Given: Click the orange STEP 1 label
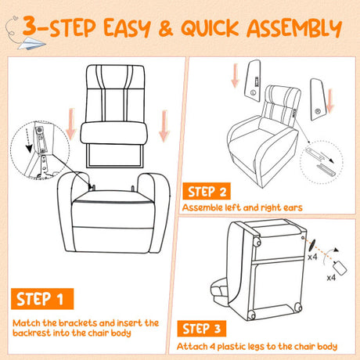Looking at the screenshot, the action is click(x=42, y=299).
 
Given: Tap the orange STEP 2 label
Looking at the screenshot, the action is click(x=207, y=191).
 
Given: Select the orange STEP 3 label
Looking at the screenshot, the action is click(x=202, y=329).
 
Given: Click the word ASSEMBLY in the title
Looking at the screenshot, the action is click(x=294, y=28).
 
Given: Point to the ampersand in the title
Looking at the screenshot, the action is click(x=166, y=28).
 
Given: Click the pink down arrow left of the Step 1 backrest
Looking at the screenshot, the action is click(x=71, y=124).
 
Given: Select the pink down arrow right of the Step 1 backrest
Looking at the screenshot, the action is click(x=164, y=126).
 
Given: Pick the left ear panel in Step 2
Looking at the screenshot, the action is click(x=253, y=81).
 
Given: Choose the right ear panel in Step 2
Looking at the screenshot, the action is click(x=318, y=99).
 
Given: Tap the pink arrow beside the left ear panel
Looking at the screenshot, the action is click(x=235, y=75).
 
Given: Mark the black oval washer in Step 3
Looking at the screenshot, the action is click(x=311, y=246).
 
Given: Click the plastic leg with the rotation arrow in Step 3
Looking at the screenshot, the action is click(x=340, y=267).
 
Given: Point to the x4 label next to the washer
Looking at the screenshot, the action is click(x=312, y=257).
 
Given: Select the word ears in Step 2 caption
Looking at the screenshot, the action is click(x=293, y=208).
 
